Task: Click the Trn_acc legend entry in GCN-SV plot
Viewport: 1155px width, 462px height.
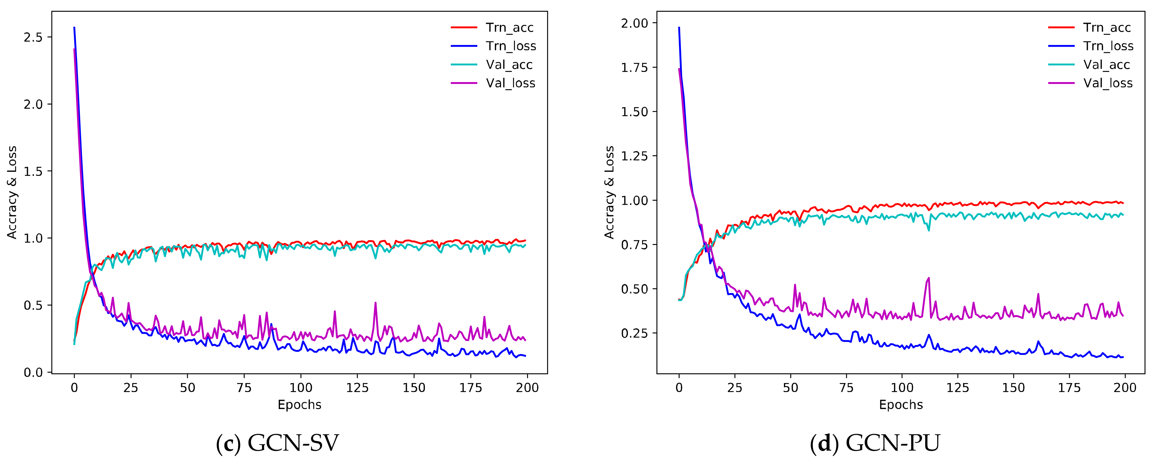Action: [x=509, y=28]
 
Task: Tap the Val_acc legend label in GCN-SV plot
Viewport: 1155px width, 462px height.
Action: [x=509, y=65]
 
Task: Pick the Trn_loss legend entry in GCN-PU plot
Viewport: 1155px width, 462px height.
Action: [x=1108, y=46]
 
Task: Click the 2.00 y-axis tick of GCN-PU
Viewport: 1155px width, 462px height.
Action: [x=634, y=23]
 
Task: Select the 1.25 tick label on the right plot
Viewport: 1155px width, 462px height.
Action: [x=634, y=156]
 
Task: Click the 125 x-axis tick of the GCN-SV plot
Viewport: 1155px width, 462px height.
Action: [x=357, y=388]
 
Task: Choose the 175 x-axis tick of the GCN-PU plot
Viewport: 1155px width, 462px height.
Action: [x=1069, y=388]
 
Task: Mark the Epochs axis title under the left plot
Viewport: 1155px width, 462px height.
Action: [x=299, y=405]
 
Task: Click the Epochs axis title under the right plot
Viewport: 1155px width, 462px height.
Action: [x=901, y=405]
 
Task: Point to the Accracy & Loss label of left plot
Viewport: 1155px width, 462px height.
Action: [x=12, y=192]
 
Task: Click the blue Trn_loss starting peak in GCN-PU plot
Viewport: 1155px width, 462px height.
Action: [x=679, y=28]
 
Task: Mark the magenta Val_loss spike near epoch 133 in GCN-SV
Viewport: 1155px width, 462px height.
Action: [x=375, y=303]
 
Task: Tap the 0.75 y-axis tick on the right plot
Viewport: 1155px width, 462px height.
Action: [x=634, y=245]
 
